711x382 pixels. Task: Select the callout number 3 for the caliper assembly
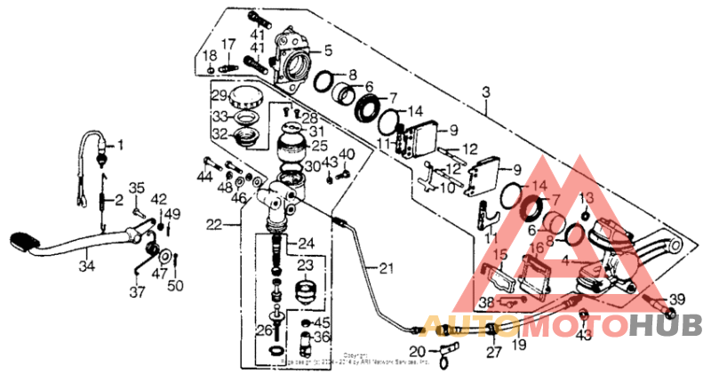485,92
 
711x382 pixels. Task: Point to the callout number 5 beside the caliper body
328,51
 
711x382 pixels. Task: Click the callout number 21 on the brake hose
384,267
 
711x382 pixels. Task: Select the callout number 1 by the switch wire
122,145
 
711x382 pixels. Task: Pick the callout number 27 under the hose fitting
494,352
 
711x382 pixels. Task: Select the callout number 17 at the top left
228,44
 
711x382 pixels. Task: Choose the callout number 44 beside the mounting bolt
205,178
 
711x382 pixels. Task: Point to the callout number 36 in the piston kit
322,337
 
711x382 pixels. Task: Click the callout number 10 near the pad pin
447,187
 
